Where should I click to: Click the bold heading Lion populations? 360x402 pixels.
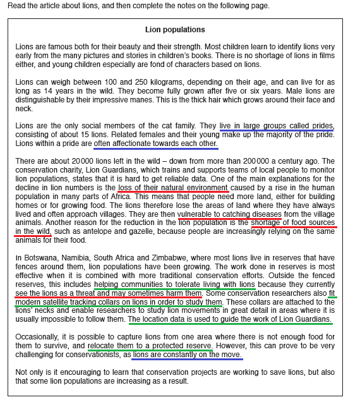(175, 30)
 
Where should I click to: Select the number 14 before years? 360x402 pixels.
(58, 90)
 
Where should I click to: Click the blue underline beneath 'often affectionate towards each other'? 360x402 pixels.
(155, 149)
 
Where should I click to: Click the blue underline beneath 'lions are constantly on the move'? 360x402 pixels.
(187, 360)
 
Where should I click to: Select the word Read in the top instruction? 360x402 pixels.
(18, 6)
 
